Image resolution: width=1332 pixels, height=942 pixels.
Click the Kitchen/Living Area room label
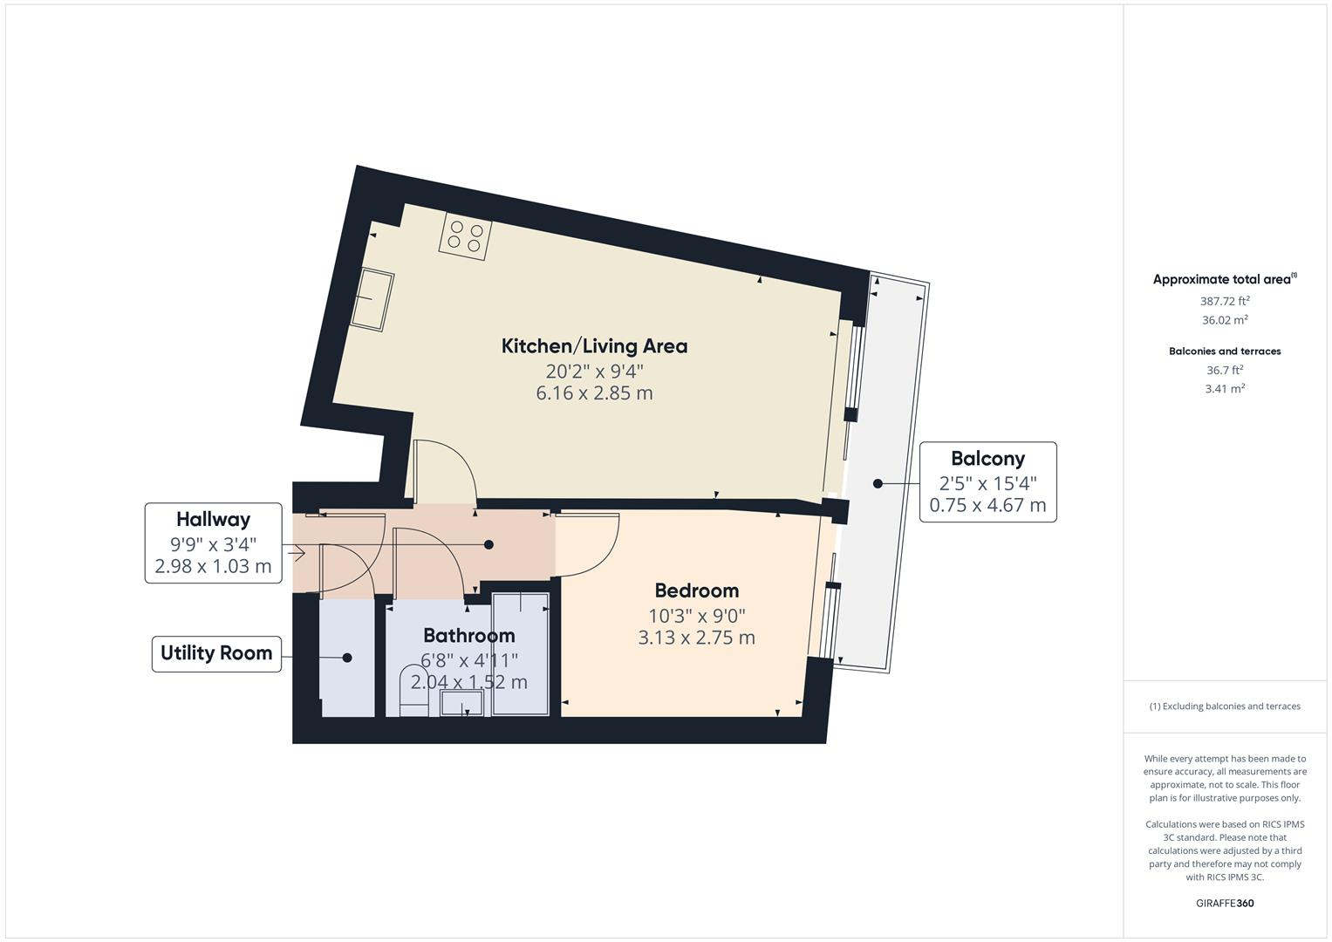pos(594,346)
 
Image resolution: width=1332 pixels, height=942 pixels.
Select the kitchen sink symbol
pos(372,299)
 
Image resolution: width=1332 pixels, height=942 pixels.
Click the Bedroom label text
pos(696,590)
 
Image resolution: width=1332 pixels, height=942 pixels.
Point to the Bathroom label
pos(468,635)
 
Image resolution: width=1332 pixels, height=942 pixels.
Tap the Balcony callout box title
pos(987,459)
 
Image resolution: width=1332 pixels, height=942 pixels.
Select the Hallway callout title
pos(213,520)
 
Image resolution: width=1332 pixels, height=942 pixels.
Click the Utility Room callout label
pos(216,653)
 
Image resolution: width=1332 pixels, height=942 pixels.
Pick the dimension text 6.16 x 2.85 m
pos(594,393)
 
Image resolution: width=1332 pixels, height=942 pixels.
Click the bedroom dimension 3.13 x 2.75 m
pos(696,638)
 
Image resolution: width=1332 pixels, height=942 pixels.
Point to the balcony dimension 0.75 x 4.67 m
pos(987,505)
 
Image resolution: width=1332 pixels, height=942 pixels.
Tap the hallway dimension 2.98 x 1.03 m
pos(213,567)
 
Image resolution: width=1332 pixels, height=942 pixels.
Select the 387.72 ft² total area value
pos(1224,301)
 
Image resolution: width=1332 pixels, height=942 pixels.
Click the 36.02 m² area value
pos(1224,320)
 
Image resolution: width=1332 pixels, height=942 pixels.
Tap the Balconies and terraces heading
pos(1224,352)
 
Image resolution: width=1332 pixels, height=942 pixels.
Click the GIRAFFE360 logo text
pos(1224,904)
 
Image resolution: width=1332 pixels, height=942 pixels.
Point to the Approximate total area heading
pos(1222,280)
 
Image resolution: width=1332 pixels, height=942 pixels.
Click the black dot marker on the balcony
pos(878,483)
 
